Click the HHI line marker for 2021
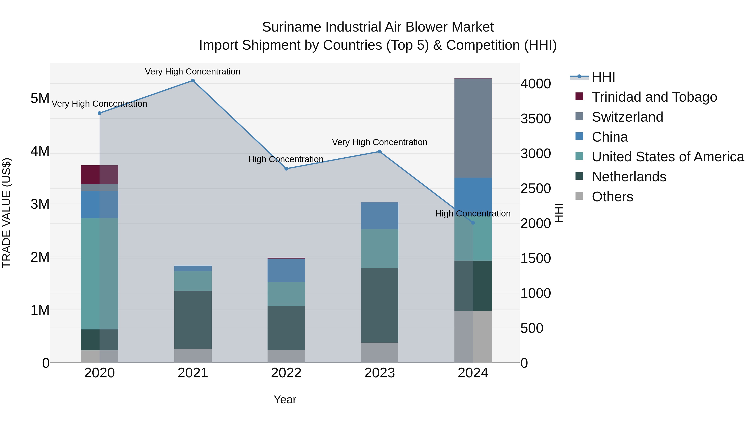coord(193,81)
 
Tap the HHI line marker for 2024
coord(473,223)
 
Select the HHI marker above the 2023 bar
coord(379,152)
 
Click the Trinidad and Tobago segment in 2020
coord(100,175)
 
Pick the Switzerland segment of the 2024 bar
coord(473,128)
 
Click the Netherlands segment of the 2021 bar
coord(193,320)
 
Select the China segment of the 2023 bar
coord(379,216)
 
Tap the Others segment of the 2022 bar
coord(286,356)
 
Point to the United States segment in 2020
coord(100,274)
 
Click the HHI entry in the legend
coord(603,77)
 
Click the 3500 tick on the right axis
coord(535,119)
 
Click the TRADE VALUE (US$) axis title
coord(7,213)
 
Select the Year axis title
coord(285,399)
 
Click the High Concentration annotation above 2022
coord(286,159)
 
